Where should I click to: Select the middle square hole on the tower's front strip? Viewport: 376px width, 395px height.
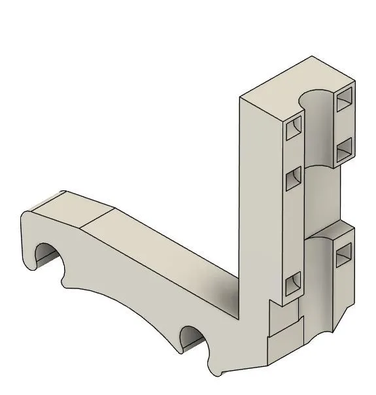[294, 178]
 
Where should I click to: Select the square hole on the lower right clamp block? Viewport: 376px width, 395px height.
[343, 255]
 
